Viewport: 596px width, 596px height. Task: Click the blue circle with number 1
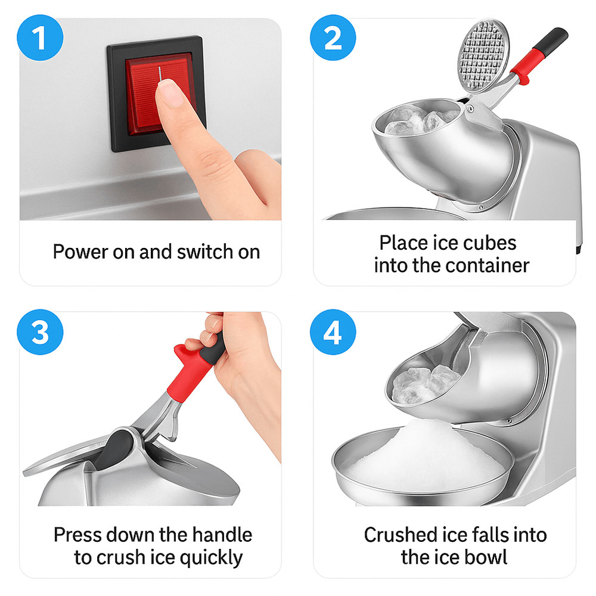(x=40, y=38)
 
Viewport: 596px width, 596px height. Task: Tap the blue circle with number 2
(x=333, y=38)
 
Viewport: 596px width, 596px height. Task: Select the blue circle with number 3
(x=40, y=332)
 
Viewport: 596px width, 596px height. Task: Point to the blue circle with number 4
(x=333, y=332)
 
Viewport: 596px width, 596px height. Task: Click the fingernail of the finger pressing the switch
(x=170, y=92)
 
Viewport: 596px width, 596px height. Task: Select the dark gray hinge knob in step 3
(x=114, y=449)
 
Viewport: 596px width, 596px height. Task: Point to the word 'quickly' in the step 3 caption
(x=211, y=558)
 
